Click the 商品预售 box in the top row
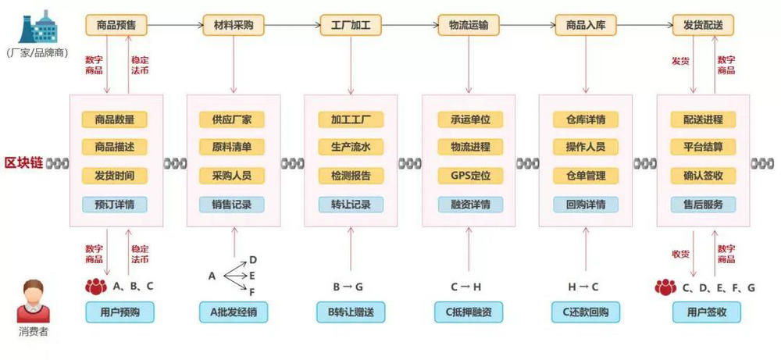[116, 25]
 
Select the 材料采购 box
[234, 25]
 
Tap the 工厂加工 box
[351, 25]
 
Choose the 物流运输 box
[469, 25]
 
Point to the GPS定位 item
[469, 176]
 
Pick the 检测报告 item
[351, 176]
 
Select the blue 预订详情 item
[115, 205]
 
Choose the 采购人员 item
[232, 176]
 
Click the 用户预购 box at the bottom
[120, 312]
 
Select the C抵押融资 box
[469, 312]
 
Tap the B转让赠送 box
[351, 312]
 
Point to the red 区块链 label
[23, 162]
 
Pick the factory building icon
[37, 27]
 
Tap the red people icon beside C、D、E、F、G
[665, 287]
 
